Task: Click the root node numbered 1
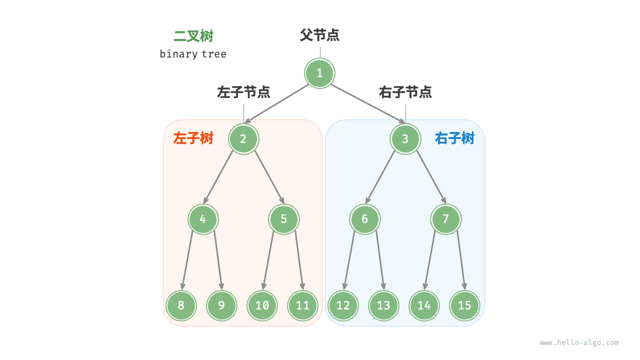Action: [319, 73]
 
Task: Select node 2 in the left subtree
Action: [243, 139]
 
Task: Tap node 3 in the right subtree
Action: [405, 139]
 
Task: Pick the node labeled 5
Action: [283, 219]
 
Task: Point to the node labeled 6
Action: [364, 219]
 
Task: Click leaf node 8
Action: [181, 305]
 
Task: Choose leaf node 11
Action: [302, 305]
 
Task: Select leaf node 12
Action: [343, 305]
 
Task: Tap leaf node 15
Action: [464, 305]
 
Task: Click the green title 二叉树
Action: [193, 36]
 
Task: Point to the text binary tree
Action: [193, 54]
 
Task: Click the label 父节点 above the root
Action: [319, 35]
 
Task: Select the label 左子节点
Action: [243, 92]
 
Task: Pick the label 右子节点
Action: [405, 92]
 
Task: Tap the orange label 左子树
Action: [193, 138]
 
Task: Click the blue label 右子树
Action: [454, 138]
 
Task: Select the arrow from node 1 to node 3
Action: [367, 103]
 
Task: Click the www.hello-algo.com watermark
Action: [579, 343]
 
